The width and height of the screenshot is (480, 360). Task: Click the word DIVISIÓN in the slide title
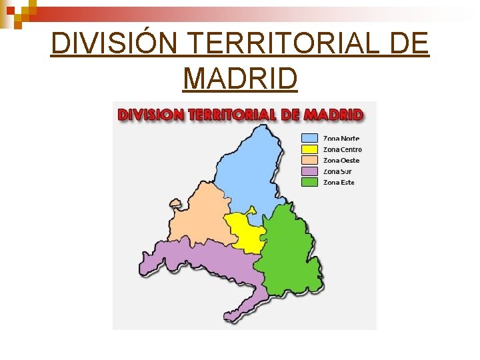(x=114, y=44)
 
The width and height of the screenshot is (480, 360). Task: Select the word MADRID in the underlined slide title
(x=240, y=79)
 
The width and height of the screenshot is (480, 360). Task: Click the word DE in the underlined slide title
(x=407, y=44)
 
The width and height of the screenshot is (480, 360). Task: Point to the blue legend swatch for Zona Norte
(x=309, y=138)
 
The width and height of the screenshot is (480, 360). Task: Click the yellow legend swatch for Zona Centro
(x=309, y=149)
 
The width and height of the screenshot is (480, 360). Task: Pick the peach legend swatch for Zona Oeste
(x=309, y=160)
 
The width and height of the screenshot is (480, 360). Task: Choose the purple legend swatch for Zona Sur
(x=309, y=171)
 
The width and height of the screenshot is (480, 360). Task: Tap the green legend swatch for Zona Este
(x=309, y=182)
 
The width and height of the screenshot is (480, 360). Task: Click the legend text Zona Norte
(x=341, y=138)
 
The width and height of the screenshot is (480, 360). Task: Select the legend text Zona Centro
(x=343, y=149)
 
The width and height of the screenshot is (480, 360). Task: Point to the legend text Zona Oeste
(x=341, y=160)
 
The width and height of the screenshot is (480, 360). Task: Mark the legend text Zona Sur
(x=337, y=171)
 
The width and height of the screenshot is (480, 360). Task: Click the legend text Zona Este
(x=339, y=182)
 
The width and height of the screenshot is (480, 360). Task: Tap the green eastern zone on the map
(x=288, y=253)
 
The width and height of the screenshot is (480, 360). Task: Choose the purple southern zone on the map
(x=207, y=260)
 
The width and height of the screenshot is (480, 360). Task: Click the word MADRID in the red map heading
(x=333, y=114)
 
